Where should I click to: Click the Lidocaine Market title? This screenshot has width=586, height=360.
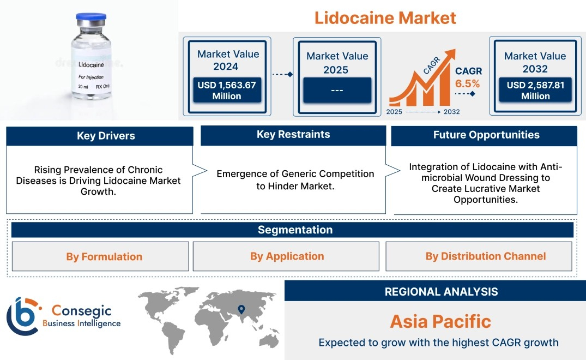(x=385, y=17)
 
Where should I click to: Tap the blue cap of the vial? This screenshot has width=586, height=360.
(x=91, y=17)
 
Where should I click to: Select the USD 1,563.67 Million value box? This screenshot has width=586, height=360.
(x=227, y=90)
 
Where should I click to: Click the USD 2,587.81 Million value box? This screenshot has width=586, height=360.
(x=535, y=90)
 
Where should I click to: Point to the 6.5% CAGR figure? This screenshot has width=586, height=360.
(x=467, y=83)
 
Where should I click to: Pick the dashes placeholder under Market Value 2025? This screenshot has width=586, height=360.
(x=337, y=90)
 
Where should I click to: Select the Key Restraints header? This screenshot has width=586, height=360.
(x=293, y=135)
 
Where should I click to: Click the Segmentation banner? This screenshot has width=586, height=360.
(x=292, y=230)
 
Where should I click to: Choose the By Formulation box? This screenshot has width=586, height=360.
(x=100, y=256)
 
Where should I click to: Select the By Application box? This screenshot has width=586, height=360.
(x=286, y=256)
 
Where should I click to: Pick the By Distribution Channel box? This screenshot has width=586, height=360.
(x=479, y=256)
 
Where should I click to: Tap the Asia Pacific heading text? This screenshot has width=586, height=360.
(x=440, y=321)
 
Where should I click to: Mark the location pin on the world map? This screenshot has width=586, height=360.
(x=241, y=309)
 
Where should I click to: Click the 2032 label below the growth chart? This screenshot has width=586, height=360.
(x=451, y=112)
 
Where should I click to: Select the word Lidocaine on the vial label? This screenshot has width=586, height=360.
(x=91, y=65)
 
